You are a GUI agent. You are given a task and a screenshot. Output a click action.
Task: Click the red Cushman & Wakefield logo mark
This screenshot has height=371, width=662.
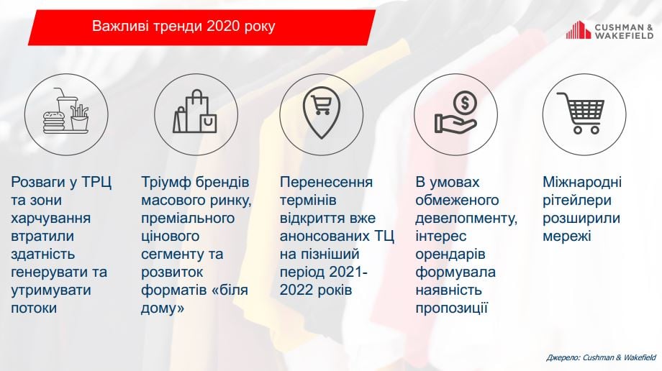tap(579, 30)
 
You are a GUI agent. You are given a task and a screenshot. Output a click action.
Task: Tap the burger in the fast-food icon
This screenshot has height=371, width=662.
tap(54, 121)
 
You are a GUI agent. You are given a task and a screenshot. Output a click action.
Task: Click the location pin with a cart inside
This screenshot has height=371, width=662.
tap(322, 112)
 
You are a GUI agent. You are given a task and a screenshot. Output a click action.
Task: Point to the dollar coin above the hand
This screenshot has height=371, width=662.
tap(465, 103)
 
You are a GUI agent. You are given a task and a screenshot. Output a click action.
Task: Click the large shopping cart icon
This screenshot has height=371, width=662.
tap(581, 113)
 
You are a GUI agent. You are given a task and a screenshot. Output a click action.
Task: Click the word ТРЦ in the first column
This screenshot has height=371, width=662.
tap(96, 182)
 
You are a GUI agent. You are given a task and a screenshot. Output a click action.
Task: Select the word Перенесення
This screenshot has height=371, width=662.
tap(326, 183)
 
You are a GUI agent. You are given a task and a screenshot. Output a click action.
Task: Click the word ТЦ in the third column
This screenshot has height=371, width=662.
tap(384, 237)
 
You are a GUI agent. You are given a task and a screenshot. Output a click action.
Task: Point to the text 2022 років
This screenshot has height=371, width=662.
tap(316, 290)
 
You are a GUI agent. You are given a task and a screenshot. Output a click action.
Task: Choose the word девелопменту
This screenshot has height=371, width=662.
tap(466, 219)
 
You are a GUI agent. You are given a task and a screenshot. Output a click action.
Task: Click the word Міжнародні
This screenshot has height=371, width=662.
tap(582, 183)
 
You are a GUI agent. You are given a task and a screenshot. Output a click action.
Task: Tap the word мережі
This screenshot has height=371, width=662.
tap(566, 237)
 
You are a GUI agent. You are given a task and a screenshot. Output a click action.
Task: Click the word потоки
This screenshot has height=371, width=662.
tap(34, 308)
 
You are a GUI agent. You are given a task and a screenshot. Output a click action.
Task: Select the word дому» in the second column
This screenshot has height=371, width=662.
tap(163, 308)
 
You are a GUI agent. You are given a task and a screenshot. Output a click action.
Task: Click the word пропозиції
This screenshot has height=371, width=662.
tap(451, 308)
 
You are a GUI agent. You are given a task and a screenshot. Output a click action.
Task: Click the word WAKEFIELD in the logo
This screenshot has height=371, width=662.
tap(624, 36)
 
